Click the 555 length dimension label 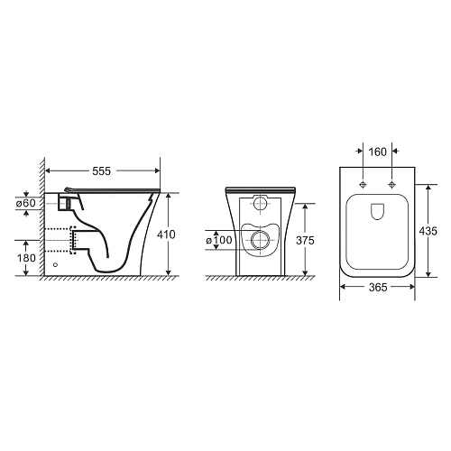(x=102, y=171)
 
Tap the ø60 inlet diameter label (x=26, y=203)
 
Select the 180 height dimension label (x=26, y=258)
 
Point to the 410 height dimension (x=166, y=235)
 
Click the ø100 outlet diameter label (x=219, y=240)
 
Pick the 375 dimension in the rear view (x=305, y=240)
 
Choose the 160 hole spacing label (x=377, y=152)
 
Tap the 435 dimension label (x=428, y=231)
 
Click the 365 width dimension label (x=378, y=288)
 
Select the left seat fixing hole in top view (x=364, y=184)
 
